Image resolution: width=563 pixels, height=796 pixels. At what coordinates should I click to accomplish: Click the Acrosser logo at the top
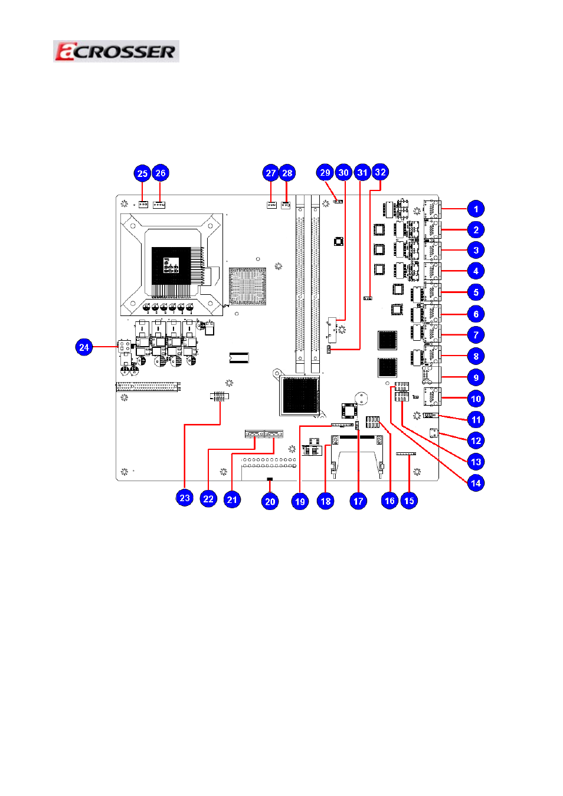point(116,51)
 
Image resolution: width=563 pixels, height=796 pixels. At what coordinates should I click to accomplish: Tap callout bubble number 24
point(84,347)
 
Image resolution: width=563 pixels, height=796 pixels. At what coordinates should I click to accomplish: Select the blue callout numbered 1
point(476,209)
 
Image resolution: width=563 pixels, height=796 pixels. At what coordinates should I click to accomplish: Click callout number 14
point(476,482)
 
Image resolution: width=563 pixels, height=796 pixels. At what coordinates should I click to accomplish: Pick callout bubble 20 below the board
point(270,501)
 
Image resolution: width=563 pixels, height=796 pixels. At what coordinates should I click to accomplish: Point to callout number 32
point(380,172)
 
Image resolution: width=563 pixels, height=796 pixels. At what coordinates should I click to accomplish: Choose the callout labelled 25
point(142,173)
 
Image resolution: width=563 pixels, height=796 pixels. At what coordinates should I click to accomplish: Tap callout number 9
point(476,377)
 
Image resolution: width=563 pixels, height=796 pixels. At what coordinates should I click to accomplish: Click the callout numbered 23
point(185,498)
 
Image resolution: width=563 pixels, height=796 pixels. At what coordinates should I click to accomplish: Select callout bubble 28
point(287,173)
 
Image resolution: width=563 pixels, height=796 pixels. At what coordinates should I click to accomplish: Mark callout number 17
point(358,501)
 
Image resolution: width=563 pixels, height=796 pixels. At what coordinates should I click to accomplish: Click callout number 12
point(476,440)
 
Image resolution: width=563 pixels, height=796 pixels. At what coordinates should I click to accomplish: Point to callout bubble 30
point(343,172)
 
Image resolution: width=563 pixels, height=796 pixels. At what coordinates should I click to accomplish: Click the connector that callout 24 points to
point(124,346)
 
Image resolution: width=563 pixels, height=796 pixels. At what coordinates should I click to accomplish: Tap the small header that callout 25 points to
point(143,205)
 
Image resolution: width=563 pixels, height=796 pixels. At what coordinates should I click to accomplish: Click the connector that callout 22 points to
point(254,433)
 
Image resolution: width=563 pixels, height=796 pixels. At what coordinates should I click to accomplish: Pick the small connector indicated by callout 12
point(434,433)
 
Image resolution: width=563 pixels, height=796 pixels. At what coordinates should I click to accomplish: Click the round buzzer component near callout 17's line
point(361,399)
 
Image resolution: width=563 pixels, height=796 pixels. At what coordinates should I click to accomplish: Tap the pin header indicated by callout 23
point(220,397)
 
